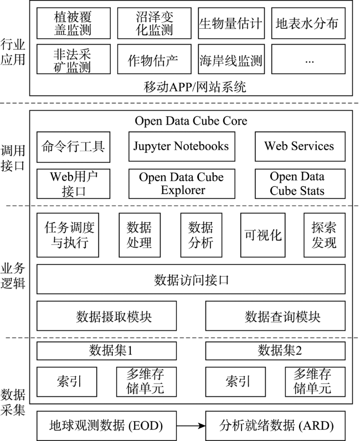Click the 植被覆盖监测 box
point(74,23)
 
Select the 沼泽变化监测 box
point(154,23)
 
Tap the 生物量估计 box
point(231,23)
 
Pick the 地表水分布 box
point(308,23)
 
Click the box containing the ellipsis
point(308,59)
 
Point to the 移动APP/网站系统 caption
point(195,87)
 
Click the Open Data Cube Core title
point(191,121)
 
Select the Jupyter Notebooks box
point(182,146)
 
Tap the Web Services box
point(300,146)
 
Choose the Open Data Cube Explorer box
point(182,183)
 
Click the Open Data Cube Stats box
point(300,183)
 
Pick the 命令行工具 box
point(73,147)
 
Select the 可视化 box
point(263,235)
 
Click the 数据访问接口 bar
point(191,279)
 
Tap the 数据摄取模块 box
point(106,316)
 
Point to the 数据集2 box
point(275,351)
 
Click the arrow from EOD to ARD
point(191,426)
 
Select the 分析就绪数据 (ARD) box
point(275,426)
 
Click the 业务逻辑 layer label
point(13,276)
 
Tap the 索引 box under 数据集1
point(66,382)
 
